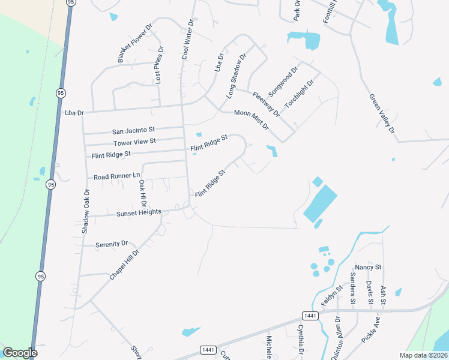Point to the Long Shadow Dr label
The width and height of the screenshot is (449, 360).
coord(237,76)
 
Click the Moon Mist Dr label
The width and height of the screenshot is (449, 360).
coord(252,119)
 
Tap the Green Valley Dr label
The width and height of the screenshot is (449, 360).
coord(382,113)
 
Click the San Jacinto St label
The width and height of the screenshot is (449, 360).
coord(134,130)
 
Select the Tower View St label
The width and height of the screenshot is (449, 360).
coord(134,142)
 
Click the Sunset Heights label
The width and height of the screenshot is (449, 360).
coord(139,212)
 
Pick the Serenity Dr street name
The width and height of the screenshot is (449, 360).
coord(112,244)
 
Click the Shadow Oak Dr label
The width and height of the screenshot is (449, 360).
coord(86,211)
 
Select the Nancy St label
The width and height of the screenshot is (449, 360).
coord(369,267)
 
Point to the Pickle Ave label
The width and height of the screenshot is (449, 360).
coord(371,329)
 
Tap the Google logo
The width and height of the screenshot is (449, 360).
coord(20,353)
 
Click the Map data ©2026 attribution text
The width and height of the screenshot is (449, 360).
coord(423,355)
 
